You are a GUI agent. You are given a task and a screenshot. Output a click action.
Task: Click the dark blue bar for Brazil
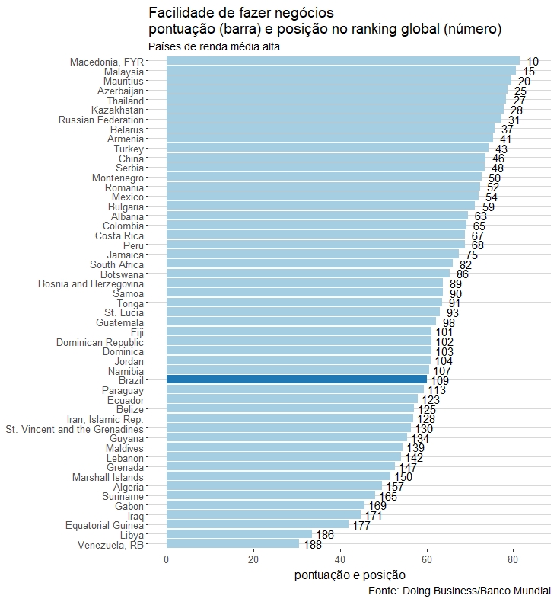click(297, 379)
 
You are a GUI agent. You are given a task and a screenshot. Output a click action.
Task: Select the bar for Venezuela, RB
click(233, 544)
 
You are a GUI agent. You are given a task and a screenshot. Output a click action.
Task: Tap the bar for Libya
click(239, 534)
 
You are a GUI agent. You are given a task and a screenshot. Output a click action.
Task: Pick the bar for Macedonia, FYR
click(342, 61)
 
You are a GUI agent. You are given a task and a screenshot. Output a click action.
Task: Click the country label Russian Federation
click(101, 120)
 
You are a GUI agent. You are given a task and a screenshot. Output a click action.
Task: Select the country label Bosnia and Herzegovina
click(91, 283)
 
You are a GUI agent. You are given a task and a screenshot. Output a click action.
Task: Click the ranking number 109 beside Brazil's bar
click(440, 380)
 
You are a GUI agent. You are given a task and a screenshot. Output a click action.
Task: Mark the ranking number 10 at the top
click(533, 62)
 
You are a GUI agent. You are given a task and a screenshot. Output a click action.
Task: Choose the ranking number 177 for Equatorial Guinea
click(361, 526)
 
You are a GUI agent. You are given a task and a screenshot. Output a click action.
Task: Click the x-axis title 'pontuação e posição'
click(349, 575)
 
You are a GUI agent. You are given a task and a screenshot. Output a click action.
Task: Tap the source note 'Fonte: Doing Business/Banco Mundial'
click(459, 591)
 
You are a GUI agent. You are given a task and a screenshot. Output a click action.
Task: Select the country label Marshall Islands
click(107, 477)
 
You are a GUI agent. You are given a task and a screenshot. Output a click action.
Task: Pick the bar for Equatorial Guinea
click(257, 524)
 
